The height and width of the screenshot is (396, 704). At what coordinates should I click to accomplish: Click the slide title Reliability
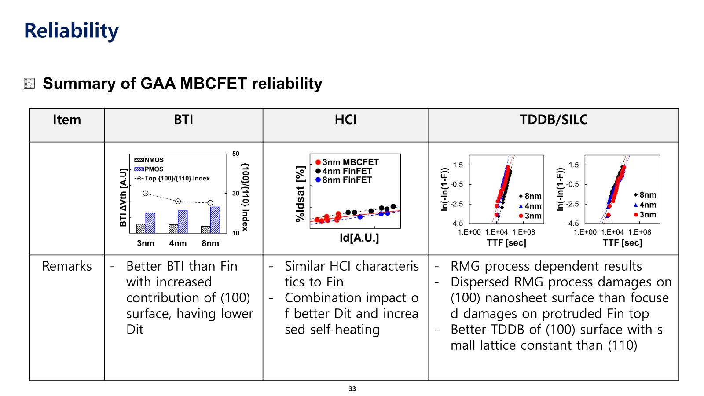click(71, 31)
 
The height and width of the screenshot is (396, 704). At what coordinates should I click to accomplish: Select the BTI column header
click(183, 120)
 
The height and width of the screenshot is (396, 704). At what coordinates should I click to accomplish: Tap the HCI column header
click(346, 120)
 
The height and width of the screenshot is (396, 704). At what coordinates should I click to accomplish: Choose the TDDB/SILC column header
click(554, 120)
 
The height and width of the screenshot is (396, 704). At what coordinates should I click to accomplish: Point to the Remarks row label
click(67, 266)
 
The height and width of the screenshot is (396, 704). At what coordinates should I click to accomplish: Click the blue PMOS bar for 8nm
click(215, 220)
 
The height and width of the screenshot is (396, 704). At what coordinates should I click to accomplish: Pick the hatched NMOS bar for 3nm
click(141, 228)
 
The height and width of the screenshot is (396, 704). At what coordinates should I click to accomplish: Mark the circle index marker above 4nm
click(178, 201)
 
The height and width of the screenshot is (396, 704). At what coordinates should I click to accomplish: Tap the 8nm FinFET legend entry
click(344, 180)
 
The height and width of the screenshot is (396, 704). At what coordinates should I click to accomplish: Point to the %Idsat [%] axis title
click(301, 194)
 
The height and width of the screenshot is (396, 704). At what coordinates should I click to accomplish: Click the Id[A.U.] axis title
click(359, 238)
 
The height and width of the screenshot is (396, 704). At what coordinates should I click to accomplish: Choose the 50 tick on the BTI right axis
click(236, 154)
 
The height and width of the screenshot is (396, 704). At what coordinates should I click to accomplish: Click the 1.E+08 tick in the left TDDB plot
click(524, 232)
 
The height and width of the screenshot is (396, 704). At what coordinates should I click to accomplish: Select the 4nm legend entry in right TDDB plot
click(645, 205)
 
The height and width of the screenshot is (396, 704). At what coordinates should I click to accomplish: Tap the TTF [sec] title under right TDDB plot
click(622, 243)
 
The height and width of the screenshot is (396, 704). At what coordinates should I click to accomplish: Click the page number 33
click(352, 389)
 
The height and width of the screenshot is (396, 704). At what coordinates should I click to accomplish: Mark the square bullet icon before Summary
click(29, 83)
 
